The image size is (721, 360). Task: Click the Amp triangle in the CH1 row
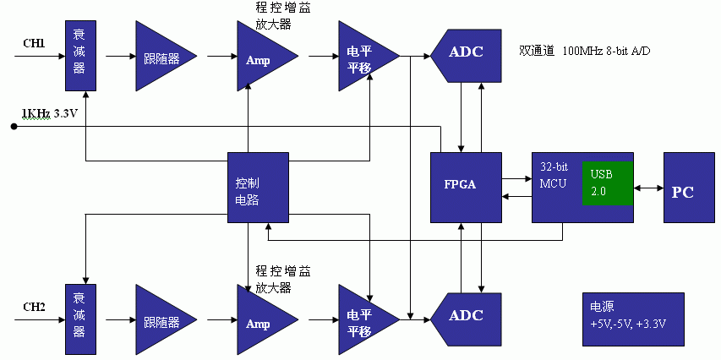[x=261, y=58]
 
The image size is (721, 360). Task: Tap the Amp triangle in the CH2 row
[x=261, y=322]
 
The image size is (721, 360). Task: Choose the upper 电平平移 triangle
[x=363, y=57]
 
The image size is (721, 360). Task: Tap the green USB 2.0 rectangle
[x=608, y=182]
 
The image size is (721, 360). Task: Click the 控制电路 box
[x=258, y=188]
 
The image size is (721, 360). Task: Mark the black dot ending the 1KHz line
[x=14, y=127]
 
